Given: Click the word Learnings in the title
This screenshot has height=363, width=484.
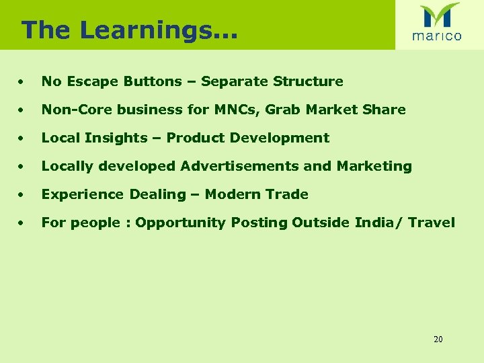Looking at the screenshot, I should click(157, 30).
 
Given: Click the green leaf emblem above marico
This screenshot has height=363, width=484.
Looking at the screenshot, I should click(439, 15).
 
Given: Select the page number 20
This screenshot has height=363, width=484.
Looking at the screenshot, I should click(438, 339).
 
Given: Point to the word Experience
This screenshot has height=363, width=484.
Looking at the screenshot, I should click(83, 194).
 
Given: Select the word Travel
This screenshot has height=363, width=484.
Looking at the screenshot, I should click(430, 223).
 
